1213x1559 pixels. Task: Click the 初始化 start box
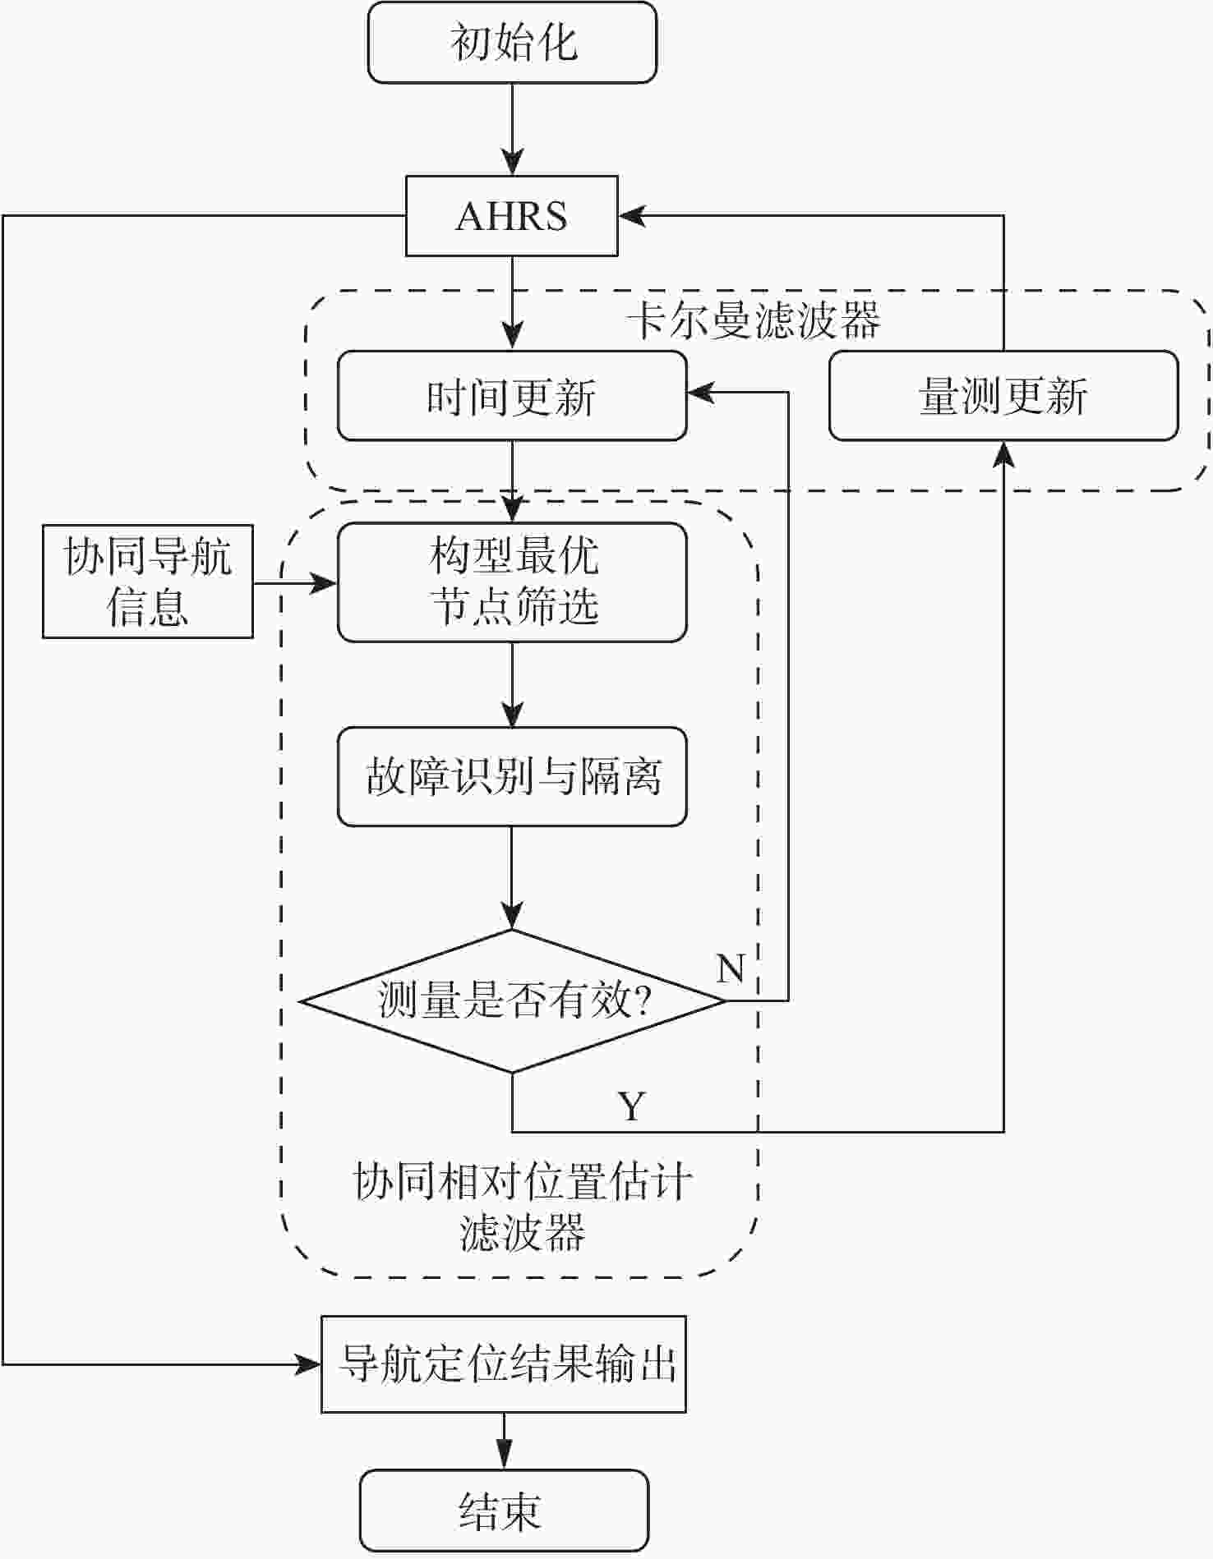(512, 43)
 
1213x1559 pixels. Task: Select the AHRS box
(512, 216)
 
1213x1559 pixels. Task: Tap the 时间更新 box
(512, 396)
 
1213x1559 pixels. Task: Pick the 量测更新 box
(1003, 396)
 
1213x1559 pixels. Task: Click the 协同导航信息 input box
(148, 582)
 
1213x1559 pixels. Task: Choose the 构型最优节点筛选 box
(512, 582)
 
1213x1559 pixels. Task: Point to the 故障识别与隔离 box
(512, 776)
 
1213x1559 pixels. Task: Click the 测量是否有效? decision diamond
(512, 1000)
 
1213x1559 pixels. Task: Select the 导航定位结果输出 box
(503, 1364)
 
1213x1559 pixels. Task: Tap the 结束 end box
(503, 1511)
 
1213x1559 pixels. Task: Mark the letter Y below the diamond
(631, 1106)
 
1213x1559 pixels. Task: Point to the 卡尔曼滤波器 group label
(754, 320)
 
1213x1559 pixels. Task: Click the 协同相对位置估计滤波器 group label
(522, 1207)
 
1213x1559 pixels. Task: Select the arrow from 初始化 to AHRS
(512, 129)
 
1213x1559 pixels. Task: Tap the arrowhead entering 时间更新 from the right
(700, 393)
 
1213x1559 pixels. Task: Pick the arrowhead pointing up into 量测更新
(1003, 453)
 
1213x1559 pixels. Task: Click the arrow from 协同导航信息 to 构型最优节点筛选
(295, 584)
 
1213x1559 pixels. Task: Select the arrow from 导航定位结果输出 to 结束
(503, 1442)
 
